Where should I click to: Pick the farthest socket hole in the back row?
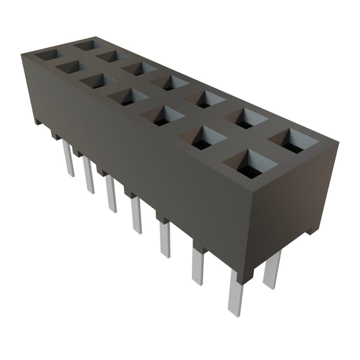point(88,45)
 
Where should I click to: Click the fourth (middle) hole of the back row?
point(169,83)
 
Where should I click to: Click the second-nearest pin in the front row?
point(198,266)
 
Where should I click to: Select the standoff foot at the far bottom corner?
point(37,122)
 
